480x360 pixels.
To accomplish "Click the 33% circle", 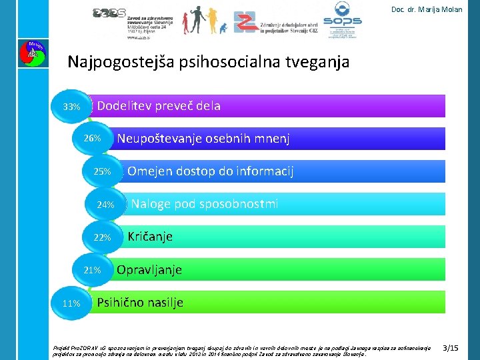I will pyautogui.click(x=71, y=107).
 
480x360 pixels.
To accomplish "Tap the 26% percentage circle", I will pyautogui.click(x=92, y=139).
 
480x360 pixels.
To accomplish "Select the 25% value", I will pyautogui.click(x=102, y=172).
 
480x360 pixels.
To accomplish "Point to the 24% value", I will pyautogui.click(x=105, y=205).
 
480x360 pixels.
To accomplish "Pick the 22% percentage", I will pyautogui.click(x=102, y=237).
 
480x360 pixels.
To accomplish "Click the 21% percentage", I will pyautogui.click(x=92, y=270).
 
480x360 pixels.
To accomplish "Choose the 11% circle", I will pyautogui.click(x=71, y=303).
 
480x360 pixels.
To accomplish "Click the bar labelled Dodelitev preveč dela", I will pyautogui.click(x=267, y=106).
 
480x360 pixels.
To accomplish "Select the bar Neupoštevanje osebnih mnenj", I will pyautogui.click(x=280, y=139).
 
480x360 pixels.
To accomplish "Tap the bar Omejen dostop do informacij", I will pyautogui.click(x=287, y=171).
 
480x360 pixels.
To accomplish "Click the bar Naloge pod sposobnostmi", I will pyautogui.click(x=287, y=204).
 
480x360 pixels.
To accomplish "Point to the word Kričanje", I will pyautogui.click(x=150, y=237).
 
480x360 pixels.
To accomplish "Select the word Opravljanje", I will pyautogui.click(x=149, y=270).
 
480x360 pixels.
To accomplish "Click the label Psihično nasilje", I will pyautogui.click(x=140, y=303).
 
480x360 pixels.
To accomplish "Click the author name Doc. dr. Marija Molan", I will pyautogui.click(x=427, y=9).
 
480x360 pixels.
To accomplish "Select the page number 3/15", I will pyautogui.click(x=451, y=348).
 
